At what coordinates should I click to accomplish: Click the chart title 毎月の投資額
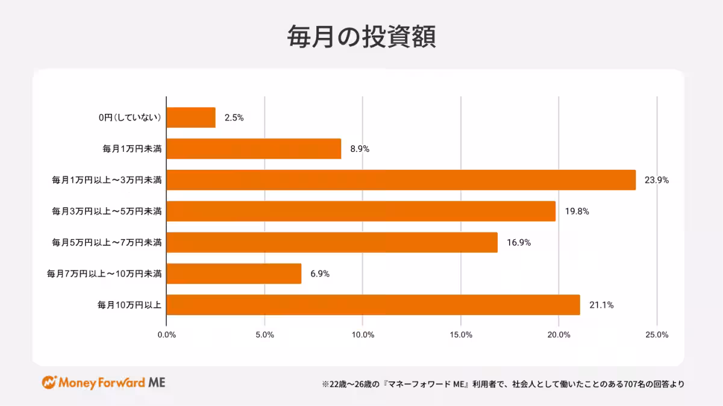(361, 37)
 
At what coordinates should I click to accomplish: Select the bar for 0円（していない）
(190, 117)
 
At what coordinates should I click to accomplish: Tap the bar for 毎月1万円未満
(254, 149)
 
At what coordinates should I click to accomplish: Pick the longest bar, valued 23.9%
(401, 180)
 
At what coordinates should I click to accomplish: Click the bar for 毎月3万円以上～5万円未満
(360, 211)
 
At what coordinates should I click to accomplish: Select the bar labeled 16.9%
(331, 242)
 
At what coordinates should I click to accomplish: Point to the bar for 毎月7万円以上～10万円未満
(233, 273)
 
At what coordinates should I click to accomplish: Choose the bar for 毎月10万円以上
(372, 305)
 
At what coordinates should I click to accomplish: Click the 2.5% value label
(234, 118)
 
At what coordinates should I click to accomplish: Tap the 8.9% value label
(360, 149)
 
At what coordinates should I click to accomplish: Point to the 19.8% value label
(577, 211)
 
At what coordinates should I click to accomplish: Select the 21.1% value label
(601, 305)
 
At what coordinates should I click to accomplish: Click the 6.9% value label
(320, 273)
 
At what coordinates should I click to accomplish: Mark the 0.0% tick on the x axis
(166, 335)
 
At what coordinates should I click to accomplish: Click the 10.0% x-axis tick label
(362, 335)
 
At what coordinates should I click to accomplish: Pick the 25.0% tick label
(657, 335)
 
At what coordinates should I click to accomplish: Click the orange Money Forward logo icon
(49, 383)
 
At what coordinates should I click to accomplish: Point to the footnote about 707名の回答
(503, 384)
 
